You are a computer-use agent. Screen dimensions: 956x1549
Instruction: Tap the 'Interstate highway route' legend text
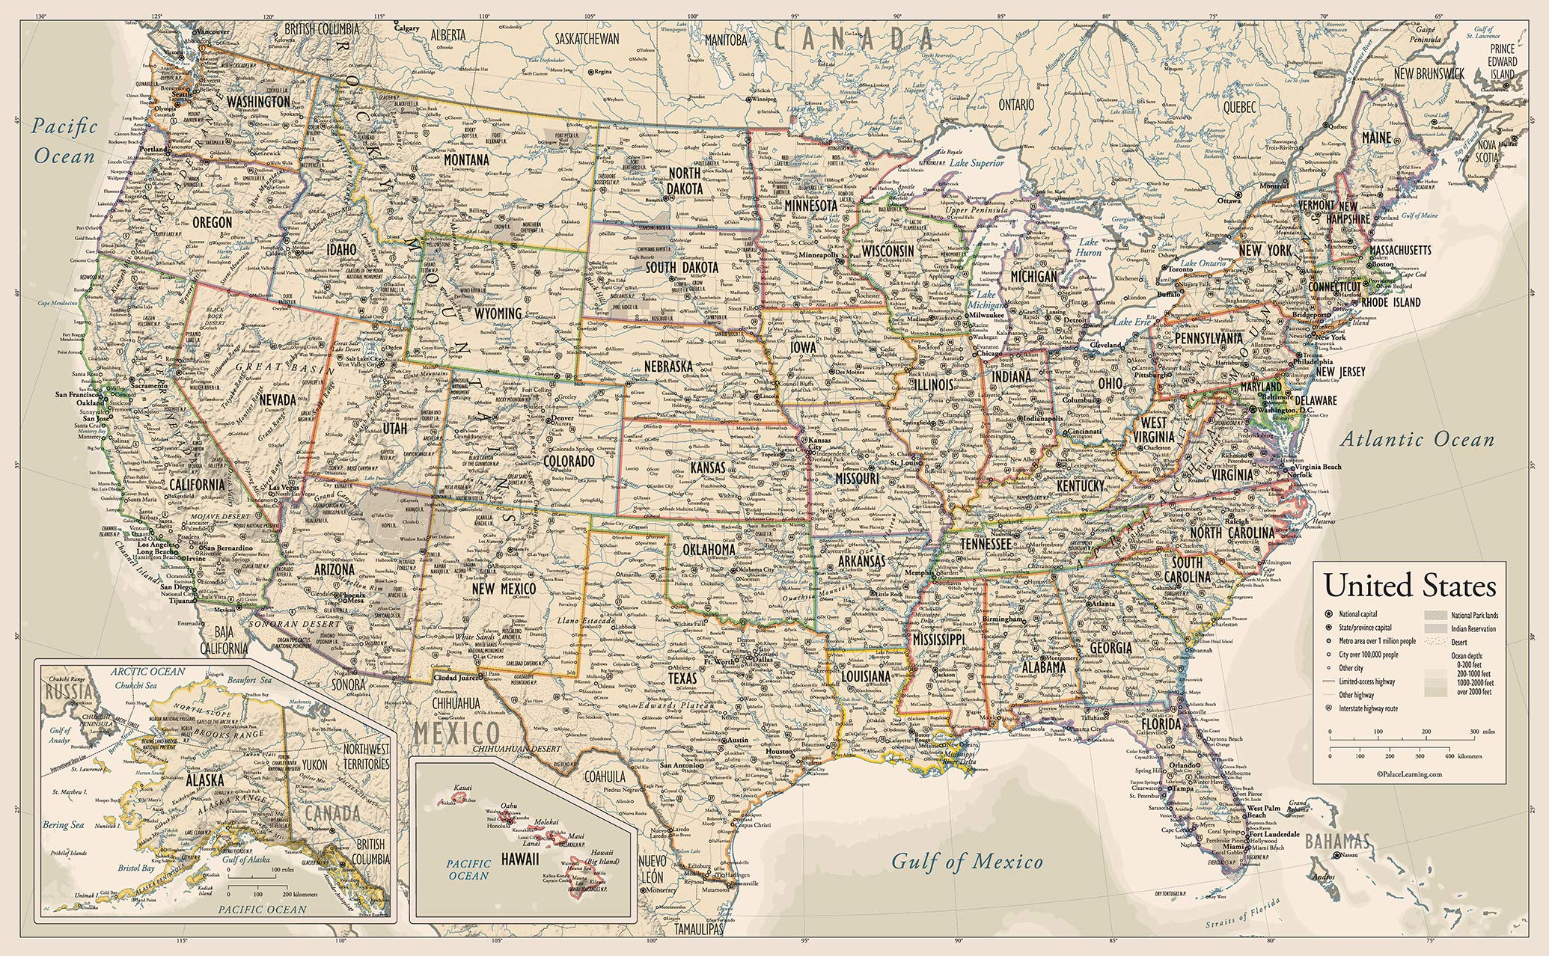pyautogui.click(x=1369, y=708)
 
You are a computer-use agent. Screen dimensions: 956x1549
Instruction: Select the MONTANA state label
pyautogui.click(x=465, y=160)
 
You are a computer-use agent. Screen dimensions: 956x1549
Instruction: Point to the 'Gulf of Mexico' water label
pyautogui.click(x=966, y=862)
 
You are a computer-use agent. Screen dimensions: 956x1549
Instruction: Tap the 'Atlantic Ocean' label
pyautogui.click(x=1417, y=440)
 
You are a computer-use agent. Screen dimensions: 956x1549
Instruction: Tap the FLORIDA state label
pyautogui.click(x=1160, y=725)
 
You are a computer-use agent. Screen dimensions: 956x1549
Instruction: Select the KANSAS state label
pyautogui.click(x=707, y=468)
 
